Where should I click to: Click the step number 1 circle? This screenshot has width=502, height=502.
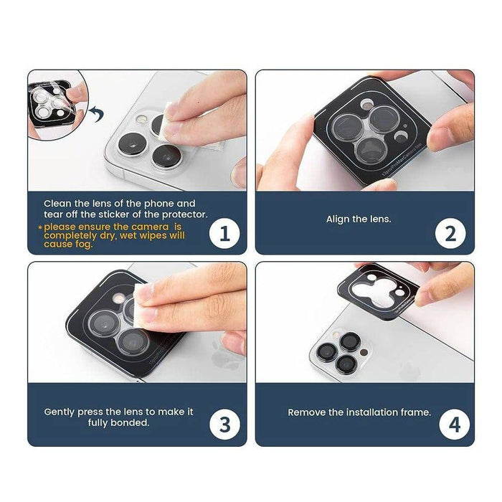pos(224,234)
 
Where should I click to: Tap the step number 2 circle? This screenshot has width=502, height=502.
pos(451,234)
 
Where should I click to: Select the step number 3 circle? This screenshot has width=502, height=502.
pos(224,425)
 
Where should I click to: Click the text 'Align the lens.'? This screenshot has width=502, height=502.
pos(359,219)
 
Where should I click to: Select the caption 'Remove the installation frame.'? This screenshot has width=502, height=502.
pos(359,412)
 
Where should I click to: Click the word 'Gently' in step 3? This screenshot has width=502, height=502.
pos(60,412)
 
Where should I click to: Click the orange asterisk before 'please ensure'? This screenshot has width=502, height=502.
pos(39,227)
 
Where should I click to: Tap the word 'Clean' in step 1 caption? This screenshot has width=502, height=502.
pos(57,204)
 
